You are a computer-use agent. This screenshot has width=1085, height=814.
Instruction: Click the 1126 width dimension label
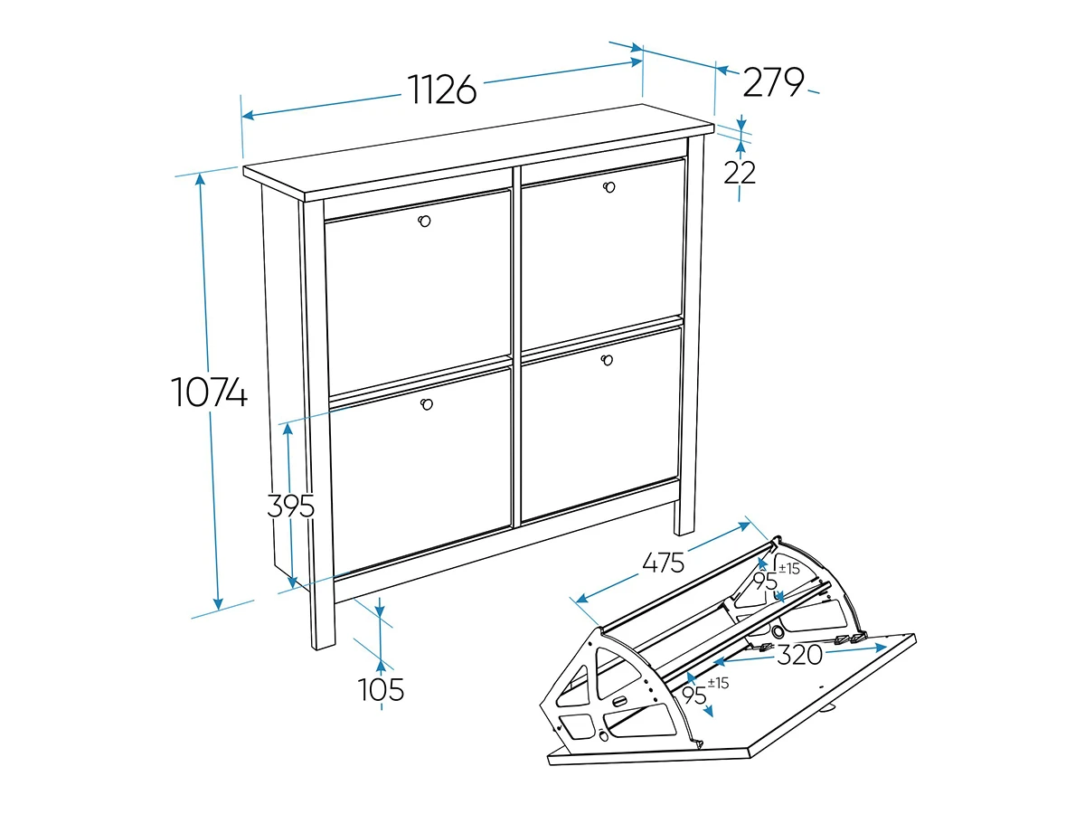442,90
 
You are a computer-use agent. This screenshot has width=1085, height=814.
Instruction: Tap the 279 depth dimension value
773,82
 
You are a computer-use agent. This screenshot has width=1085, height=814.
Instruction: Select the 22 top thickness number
740,173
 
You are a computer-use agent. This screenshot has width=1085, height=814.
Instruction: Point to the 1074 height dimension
209,392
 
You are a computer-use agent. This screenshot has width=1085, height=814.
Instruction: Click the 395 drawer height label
290,506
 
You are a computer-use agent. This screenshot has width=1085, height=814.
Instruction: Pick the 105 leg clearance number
381,689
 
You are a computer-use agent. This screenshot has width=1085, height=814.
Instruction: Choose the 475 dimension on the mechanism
664,563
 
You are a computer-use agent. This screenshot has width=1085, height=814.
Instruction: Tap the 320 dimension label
799,656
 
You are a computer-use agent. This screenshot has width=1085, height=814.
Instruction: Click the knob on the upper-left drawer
424,221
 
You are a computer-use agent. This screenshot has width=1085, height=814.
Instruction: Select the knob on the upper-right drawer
609,187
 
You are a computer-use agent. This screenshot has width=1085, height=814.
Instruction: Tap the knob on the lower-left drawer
427,404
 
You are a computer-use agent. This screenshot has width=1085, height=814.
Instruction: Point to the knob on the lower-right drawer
607,360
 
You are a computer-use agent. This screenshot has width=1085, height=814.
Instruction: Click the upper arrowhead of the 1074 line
200,178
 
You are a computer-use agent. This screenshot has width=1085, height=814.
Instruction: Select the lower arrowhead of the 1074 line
218,603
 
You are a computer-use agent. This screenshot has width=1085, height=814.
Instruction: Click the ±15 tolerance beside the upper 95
789,569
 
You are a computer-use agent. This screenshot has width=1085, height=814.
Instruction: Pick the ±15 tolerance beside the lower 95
718,683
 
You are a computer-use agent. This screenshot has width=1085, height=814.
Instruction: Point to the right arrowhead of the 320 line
881,648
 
